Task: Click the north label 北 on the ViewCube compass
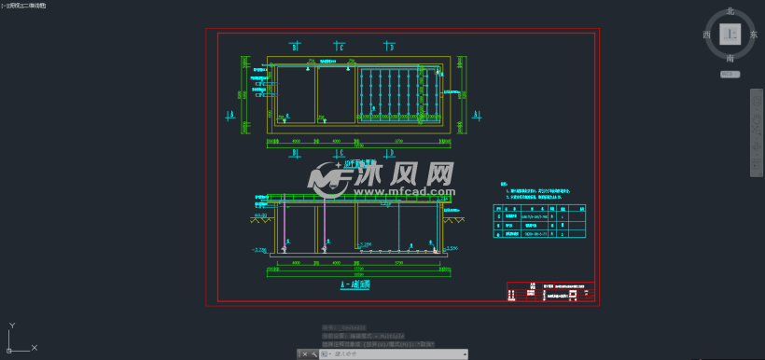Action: pos(730,11)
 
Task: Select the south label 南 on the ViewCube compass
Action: pos(730,59)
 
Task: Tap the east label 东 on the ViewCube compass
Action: pos(754,35)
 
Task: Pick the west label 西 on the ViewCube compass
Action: pos(706,35)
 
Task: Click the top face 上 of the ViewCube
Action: pos(730,35)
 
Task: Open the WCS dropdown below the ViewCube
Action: pos(730,74)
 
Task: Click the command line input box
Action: pos(382,354)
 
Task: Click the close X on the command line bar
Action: pos(299,354)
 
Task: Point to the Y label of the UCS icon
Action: pos(11,325)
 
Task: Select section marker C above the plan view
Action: pos(341,46)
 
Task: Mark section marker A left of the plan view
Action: pos(230,116)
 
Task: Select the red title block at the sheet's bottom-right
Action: pos(550,292)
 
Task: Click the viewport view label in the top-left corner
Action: pos(23,6)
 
